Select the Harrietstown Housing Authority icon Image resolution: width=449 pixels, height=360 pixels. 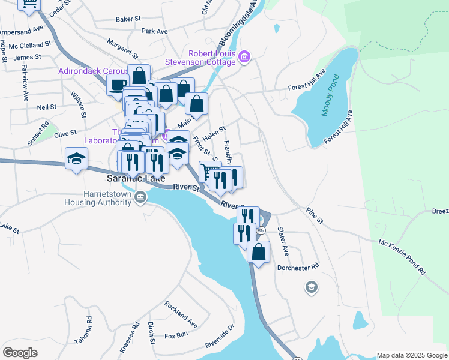pyautogui.click(x=140, y=197)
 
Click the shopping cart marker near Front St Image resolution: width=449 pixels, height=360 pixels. pyautogui.click(x=208, y=171)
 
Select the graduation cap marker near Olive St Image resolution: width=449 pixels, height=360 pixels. pyautogui.click(x=76, y=158)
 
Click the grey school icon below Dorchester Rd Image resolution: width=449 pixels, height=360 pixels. pyautogui.click(x=311, y=288)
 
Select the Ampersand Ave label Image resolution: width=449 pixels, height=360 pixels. pyautogui.click(x=22, y=29)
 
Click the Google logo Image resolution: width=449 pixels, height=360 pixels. pyautogui.click(x=20, y=352)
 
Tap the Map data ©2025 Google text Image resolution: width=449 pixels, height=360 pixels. pyautogui.click(x=411, y=355)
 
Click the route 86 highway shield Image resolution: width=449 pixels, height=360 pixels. pyautogui.click(x=260, y=230)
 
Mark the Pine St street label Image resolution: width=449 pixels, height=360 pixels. pyautogui.click(x=314, y=217)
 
